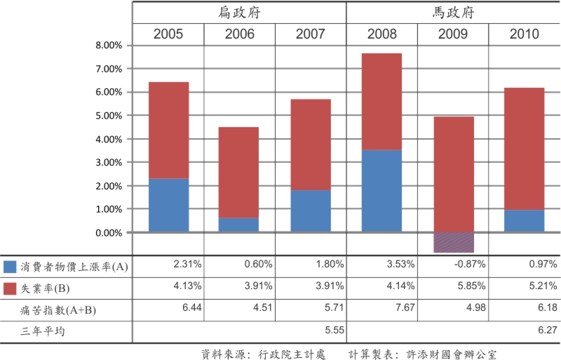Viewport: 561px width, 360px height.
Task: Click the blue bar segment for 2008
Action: pyautogui.click(x=381, y=190)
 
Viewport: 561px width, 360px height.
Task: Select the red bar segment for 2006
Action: pyautogui.click(x=239, y=172)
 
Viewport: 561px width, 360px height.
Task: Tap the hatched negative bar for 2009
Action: pyautogui.click(x=453, y=242)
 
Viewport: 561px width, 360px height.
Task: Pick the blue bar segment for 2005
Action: pyautogui.click(x=168, y=205)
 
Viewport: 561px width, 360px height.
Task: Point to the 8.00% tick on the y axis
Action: pyautogui.click(x=108, y=46)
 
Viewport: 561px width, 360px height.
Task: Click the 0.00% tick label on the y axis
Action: pyautogui.click(x=108, y=232)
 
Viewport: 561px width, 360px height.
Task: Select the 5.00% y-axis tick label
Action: pyautogui.click(x=108, y=116)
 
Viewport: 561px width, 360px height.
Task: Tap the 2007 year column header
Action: pyautogui.click(x=310, y=34)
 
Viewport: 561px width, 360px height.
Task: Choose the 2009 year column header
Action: pyautogui.click(x=453, y=34)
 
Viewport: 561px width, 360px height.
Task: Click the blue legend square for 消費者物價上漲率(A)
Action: pyautogui.click(x=10, y=267)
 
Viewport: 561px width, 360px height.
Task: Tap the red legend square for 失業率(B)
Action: pyautogui.click(x=10, y=288)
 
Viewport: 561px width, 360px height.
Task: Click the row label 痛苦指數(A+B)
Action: pyautogui.click(x=60, y=309)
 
